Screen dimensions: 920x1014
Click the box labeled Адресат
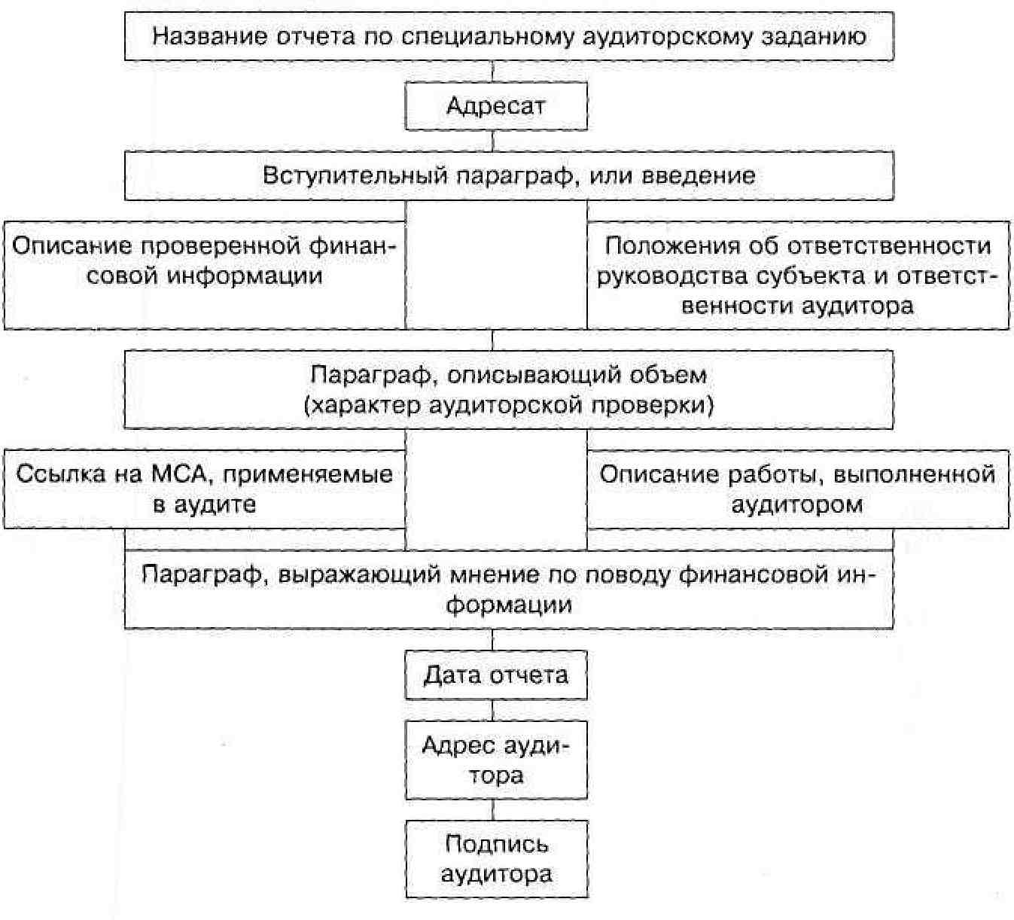496,106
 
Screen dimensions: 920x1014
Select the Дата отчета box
496,675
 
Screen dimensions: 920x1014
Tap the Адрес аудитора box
496,760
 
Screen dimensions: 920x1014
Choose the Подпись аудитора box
496,859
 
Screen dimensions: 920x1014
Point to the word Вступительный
354,175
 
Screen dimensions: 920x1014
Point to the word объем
668,374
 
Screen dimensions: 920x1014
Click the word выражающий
361,575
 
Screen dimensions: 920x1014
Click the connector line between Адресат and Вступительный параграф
493,141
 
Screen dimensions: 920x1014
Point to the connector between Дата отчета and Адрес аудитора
493,710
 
